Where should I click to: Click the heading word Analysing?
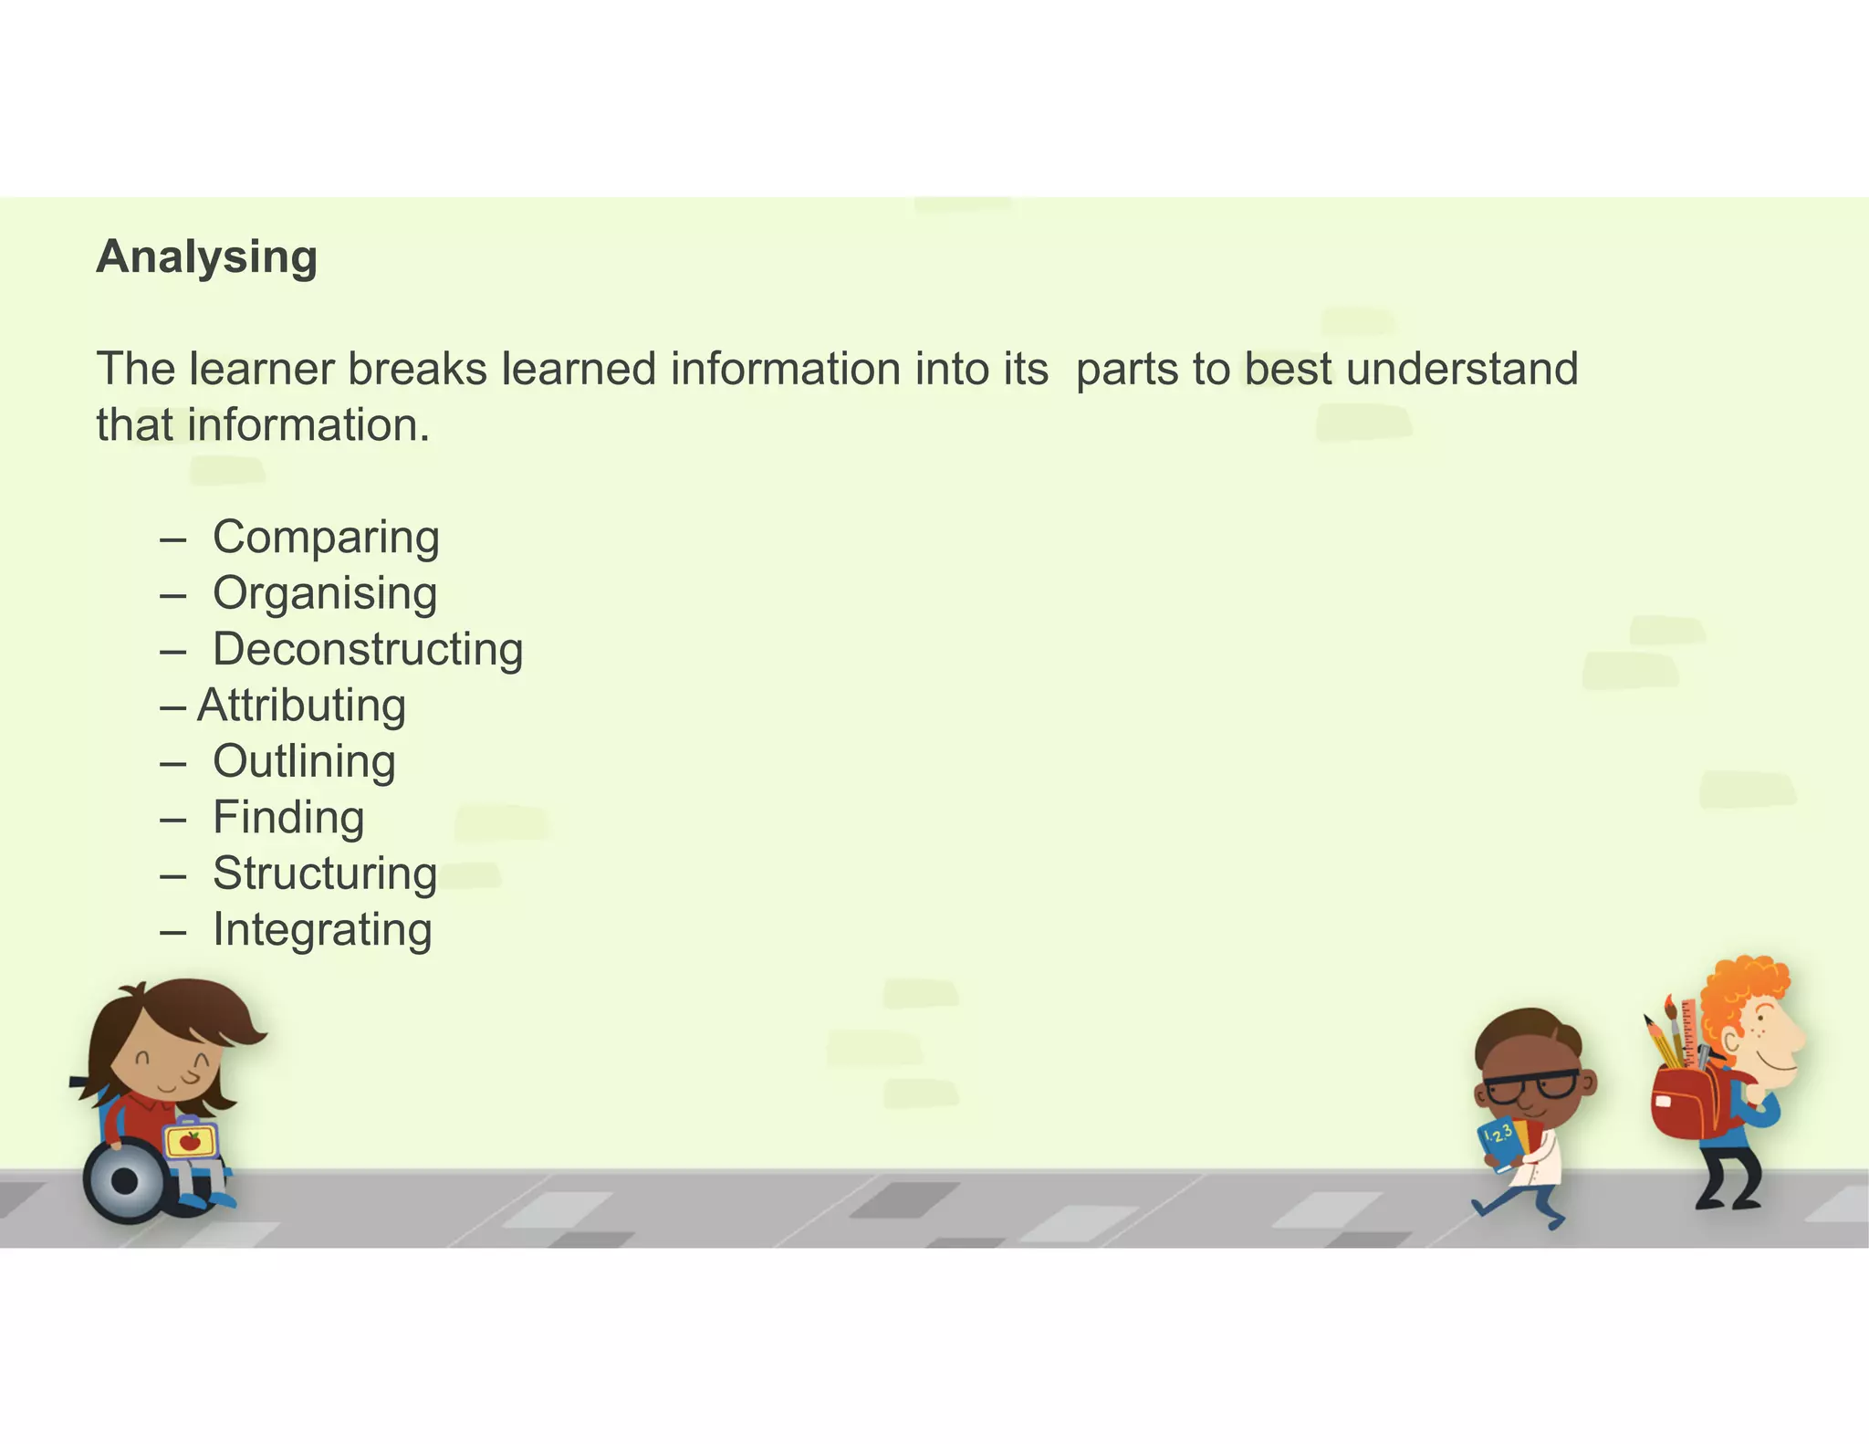[207, 257]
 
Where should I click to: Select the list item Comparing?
[326, 537]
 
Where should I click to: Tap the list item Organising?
[325, 593]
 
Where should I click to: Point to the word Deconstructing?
[368, 649]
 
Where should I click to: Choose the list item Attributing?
[301, 706]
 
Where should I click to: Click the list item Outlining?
[304, 761]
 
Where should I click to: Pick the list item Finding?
[288, 817]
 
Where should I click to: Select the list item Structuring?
[325, 874]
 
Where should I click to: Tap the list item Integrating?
[322, 929]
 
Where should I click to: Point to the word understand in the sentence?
[1462, 369]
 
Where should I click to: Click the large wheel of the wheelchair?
[126, 1181]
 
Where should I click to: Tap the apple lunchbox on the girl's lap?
[190, 1140]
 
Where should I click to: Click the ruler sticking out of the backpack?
[1689, 1031]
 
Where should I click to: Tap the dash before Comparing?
[172, 539]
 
